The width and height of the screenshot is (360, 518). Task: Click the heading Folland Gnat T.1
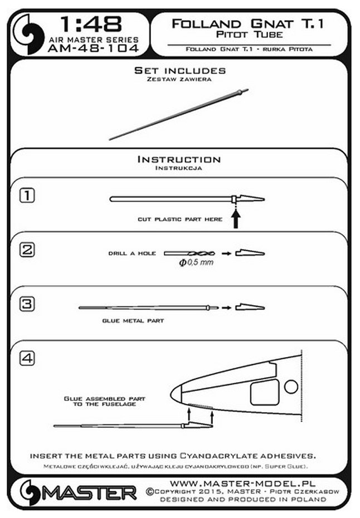pyautogui.click(x=249, y=23)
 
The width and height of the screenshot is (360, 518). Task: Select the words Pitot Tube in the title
pyautogui.click(x=249, y=35)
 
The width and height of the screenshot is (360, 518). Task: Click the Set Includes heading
pyautogui.click(x=180, y=71)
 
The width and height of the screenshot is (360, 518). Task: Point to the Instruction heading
pyautogui.click(x=179, y=160)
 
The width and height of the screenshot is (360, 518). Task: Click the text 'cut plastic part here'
pyautogui.click(x=179, y=219)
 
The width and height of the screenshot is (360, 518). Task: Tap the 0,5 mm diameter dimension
pyautogui.click(x=196, y=262)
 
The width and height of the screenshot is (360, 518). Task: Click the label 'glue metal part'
pyautogui.click(x=133, y=321)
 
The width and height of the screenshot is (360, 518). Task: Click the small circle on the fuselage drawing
pyautogui.click(x=290, y=386)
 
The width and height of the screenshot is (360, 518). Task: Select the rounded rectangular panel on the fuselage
pyautogui.click(x=264, y=393)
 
